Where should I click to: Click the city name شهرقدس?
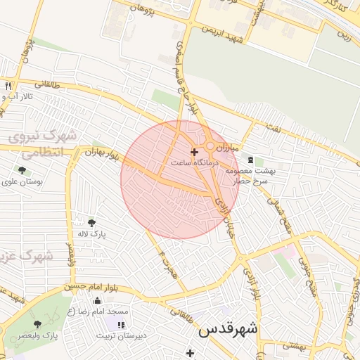[x=228, y=329]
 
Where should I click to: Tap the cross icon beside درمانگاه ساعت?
[x=194, y=152]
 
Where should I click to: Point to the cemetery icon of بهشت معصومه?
[x=250, y=160]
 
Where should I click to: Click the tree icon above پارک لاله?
[x=91, y=223]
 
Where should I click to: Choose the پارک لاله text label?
[x=91, y=234]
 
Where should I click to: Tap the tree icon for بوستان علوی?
[x=22, y=170]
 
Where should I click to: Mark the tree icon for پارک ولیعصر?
[x=37, y=324]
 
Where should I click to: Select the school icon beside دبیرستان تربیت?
[x=120, y=325]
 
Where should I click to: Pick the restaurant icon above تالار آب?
[x=8, y=86]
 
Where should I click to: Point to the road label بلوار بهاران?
[x=98, y=151]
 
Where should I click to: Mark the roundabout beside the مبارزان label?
[x=210, y=146]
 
